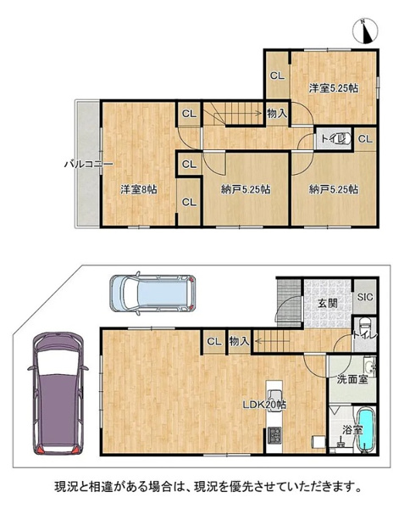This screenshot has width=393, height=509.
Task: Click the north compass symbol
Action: (x=365, y=31)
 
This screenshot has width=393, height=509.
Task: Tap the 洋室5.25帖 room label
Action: (x=334, y=88)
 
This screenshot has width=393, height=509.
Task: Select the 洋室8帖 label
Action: (x=139, y=189)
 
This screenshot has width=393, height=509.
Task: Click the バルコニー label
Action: (x=88, y=164)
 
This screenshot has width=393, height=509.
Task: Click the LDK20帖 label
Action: (x=264, y=405)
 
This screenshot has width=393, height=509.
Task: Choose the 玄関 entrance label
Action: (x=327, y=303)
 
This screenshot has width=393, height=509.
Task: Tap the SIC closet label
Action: (x=365, y=297)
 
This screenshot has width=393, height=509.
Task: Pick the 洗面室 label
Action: (x=352, y=379)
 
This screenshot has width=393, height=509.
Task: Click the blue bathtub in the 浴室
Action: (x=367, y=430)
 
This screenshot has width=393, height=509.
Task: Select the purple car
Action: (x=58, y=393)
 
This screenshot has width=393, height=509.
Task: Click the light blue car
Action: (x=153, y=294)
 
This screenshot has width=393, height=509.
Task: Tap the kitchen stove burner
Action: (x=274, y=435)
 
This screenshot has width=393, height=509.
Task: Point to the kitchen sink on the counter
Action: (x=274, y=400)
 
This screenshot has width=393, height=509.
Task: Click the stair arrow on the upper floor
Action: (x=232, y=114)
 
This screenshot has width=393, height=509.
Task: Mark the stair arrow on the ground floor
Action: (x=272, y=341)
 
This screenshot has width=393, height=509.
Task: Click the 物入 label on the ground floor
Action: (x=239, y=341)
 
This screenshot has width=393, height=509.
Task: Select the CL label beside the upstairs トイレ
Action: (x=365, y=139)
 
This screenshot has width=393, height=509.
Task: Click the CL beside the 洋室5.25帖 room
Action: (x=277, y=76)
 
